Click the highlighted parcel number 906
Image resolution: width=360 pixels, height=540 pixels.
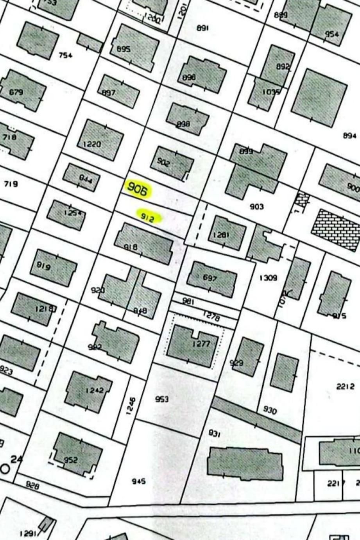pos(138,190)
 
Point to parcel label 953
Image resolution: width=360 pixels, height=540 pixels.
pos(162,399)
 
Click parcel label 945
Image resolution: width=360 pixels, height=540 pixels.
pos(139,481)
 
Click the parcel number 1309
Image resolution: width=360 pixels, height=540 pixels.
pos(268,278)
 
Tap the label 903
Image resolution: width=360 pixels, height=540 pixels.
pos(257,206)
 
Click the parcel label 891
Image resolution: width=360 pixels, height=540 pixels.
pos(202,28)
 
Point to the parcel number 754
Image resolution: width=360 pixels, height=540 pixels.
pos(65,55)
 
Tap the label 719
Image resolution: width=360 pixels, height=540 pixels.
pos(10,184)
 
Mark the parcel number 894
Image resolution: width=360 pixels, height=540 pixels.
pos(349,136)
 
